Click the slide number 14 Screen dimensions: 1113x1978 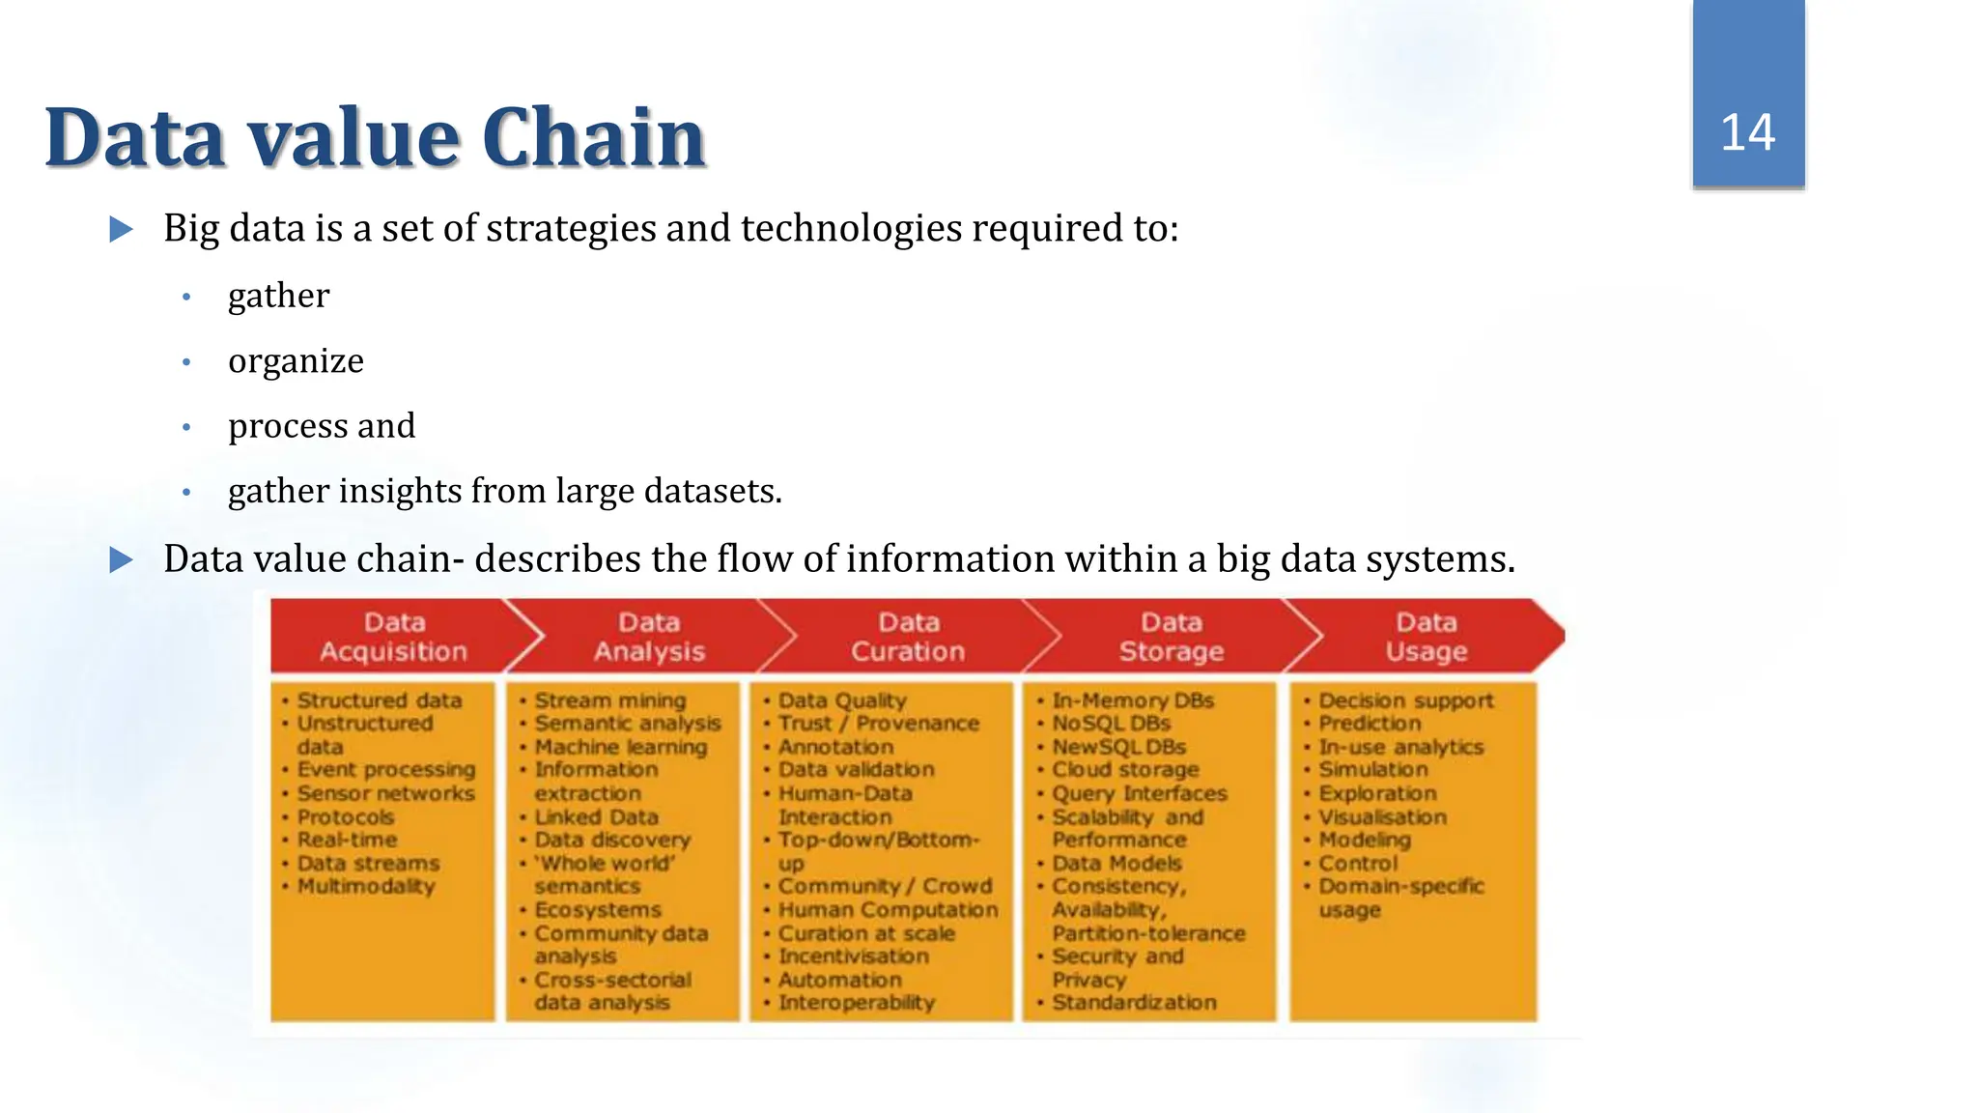pos(1747,133)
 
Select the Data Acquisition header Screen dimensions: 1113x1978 pos(393,637)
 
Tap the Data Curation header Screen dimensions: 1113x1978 pos(908,637)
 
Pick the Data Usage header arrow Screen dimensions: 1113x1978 pos(1427,637)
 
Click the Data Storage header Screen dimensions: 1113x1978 pos(1171,637)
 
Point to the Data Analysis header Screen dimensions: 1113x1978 pos(649,637)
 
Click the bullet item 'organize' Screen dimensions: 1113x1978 pos(296,360)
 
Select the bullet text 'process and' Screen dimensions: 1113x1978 pos(322,426)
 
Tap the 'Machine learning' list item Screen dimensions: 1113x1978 pos(621,747)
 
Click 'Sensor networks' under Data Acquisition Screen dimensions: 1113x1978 pos(385,793)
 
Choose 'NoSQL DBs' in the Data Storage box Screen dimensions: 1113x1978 pos(1111,724)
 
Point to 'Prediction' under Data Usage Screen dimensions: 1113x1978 pos(1370,724)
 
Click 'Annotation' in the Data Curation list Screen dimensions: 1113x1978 pos(835,747)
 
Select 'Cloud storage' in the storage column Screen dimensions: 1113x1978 pos(1125,770)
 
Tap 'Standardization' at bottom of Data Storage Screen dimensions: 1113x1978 pos(1134,1003)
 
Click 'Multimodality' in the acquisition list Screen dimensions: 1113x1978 pos(366,886)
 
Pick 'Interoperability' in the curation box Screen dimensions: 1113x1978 pos(857,1003)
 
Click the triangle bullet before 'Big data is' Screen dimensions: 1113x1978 pos(122,229)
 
